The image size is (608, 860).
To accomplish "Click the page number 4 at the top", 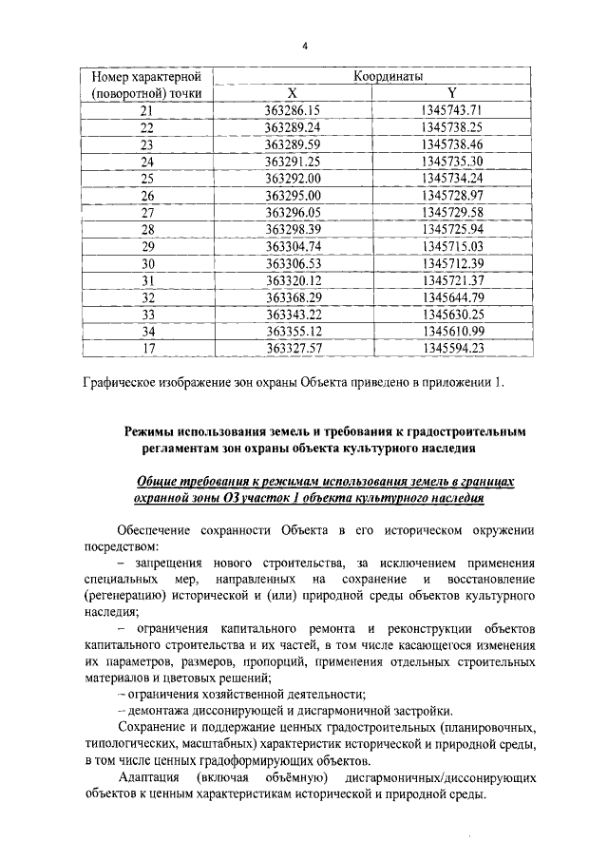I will point(306,45).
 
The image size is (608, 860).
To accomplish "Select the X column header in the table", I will point(293,93).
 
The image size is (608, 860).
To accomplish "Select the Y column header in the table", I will point(453,93).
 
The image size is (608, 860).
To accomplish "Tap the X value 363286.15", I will point(293,110).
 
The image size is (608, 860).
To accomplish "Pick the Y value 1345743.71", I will point(453,110).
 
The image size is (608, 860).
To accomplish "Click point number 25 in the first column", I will point(147,178).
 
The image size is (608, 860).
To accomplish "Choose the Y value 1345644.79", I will point(453,297).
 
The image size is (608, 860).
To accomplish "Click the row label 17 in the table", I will point(147,349).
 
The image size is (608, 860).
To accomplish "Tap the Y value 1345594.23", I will point(453,349).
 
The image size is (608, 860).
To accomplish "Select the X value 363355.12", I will point(293,332).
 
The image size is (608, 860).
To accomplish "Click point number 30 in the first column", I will point(147,263).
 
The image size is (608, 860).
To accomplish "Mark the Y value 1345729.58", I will point(453,212).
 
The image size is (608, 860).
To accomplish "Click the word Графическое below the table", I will point(121,384).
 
